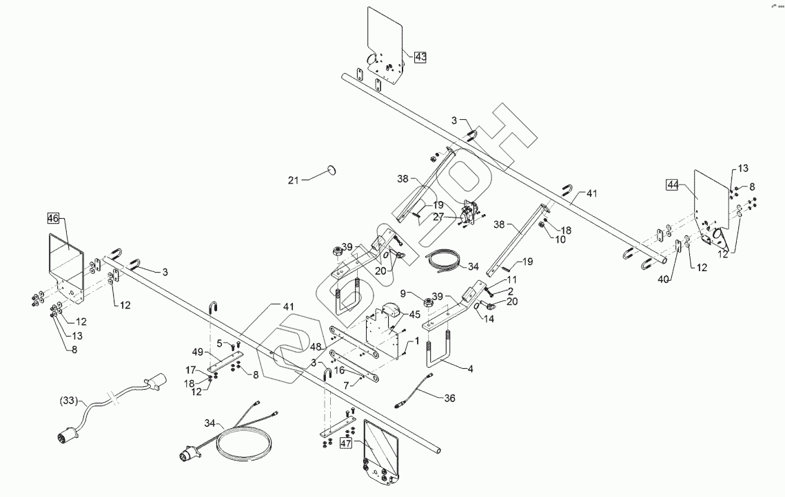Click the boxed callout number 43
pyautogui.click(x=420, y=57)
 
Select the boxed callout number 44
pyautogui.click(x=673, y=184)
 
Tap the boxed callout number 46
pyautogui.click(x=53, y=218)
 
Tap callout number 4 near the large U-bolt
pyautogui.click(x=471, y=369)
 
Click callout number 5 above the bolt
pyautogui.click(x=220, y=343)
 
